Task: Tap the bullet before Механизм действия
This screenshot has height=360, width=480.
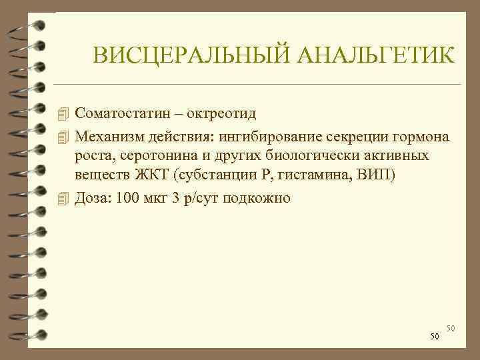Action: coord(63,137)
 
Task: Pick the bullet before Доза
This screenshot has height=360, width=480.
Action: coord(63,198)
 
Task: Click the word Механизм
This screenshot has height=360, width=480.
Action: coord(107,137)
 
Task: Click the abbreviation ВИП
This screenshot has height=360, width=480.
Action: coord(385,177)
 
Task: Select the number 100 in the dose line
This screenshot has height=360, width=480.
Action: coord(126,198)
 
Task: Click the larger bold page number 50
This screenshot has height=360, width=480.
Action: coord(434,337)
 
